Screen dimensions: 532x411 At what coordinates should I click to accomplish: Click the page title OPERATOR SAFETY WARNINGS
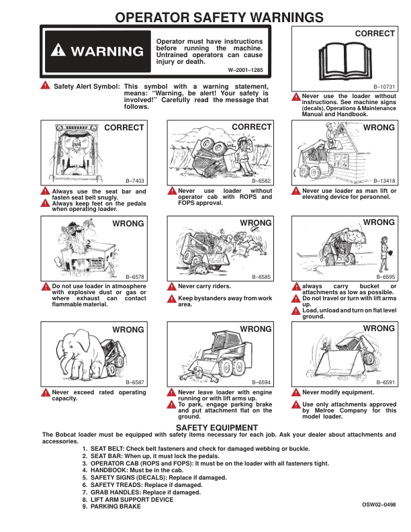[205, 17]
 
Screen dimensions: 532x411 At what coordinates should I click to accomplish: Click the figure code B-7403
[135, 182]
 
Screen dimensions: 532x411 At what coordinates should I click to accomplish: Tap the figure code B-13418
[384, 181]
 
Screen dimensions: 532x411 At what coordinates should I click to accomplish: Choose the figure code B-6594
[261, 382]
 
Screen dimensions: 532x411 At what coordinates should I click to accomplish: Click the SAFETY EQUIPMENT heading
[216, 428]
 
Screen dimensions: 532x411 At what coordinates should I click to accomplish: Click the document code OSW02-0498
[378, 504]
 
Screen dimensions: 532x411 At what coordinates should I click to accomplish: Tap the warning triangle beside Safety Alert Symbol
[44, 85]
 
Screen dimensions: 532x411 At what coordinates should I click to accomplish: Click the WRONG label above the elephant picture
[128, 330]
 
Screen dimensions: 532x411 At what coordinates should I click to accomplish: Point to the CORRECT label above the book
[375, 33]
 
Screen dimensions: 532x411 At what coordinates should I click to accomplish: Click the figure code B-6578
[135, 277]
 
